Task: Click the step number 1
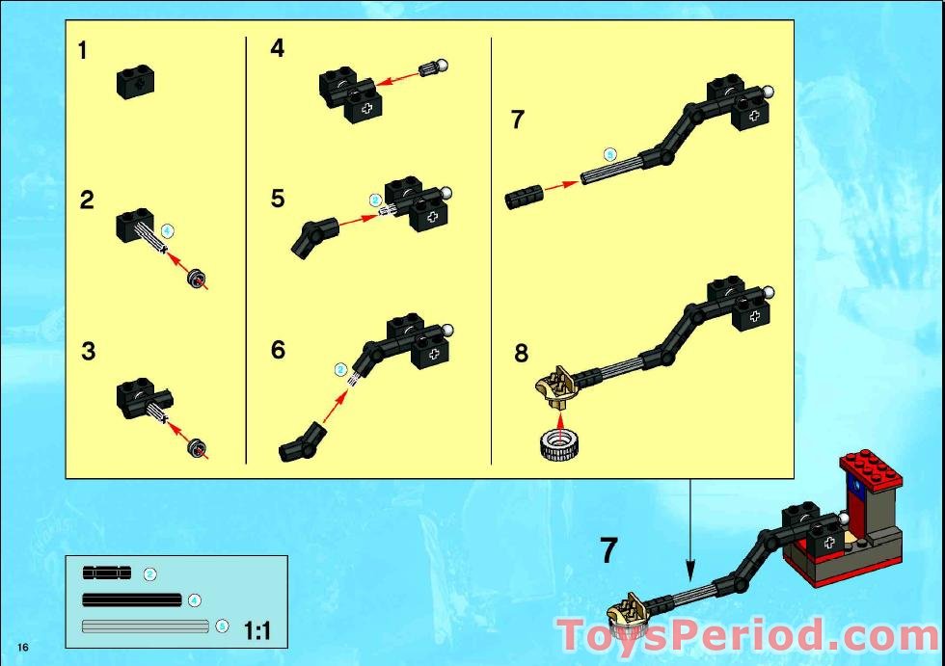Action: (83, 51)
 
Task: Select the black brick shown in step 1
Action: (135, 81)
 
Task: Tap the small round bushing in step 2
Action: (197, 280)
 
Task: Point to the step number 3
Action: (88, 352)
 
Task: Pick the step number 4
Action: (278, 48)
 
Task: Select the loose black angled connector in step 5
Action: (312, 238)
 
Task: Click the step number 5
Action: (278, 200)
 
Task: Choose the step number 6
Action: (278, 350)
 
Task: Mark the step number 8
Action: (521, 353)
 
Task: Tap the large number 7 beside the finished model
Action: (608, 550)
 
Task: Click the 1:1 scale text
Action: (257, 631)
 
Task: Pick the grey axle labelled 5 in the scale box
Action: (146, 626)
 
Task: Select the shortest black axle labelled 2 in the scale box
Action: (106, 573)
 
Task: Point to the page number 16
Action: (21, 644)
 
